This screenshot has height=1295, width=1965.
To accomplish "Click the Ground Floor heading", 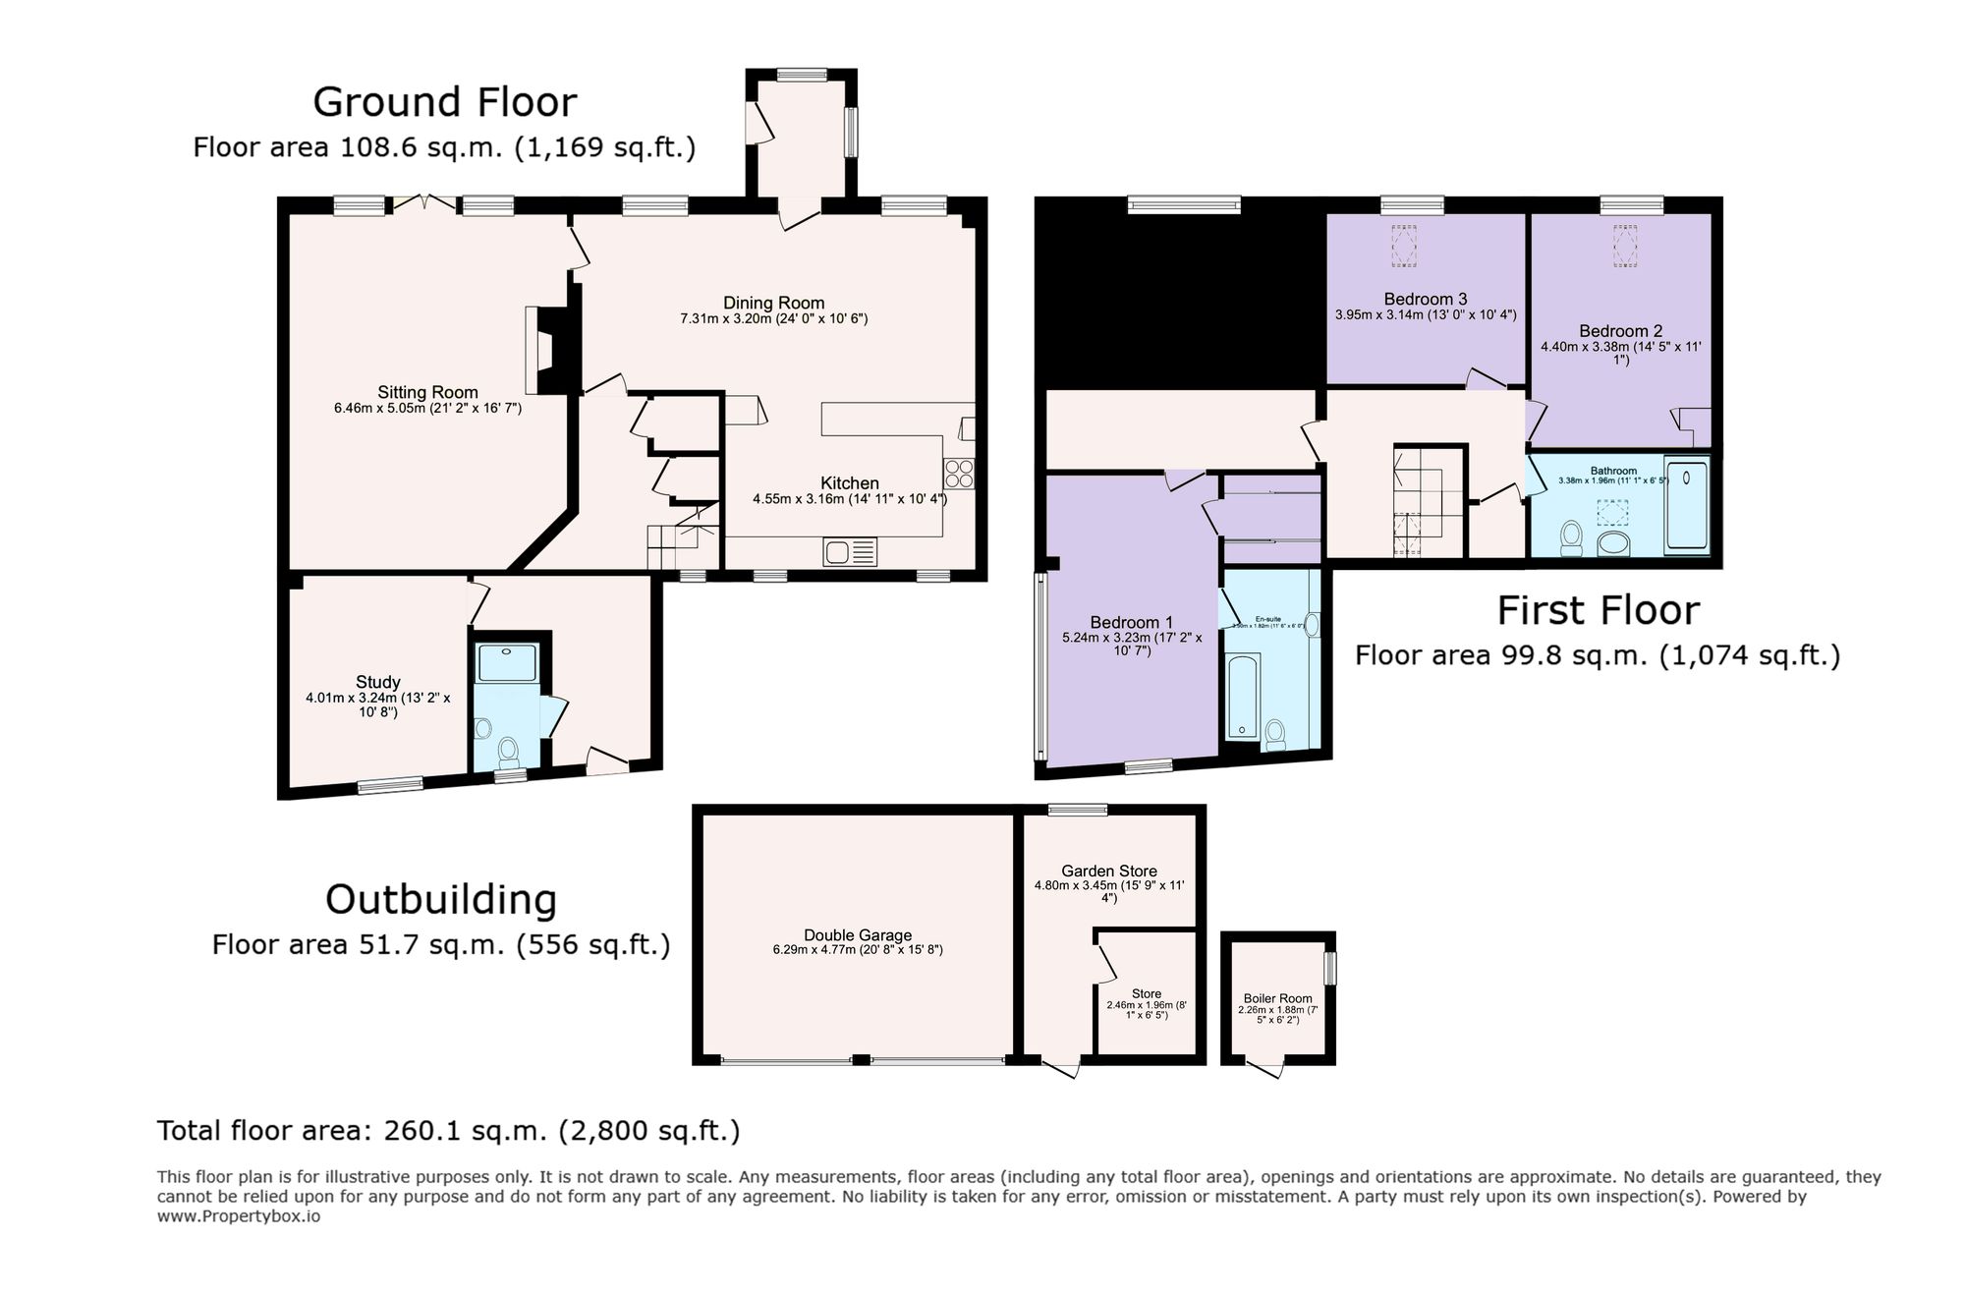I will (444, 102).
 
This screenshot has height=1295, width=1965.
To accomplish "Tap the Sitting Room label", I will (427, 392).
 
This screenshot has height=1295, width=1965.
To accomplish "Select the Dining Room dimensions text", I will (773, 319).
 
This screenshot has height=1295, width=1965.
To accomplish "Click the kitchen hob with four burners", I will (959, 475).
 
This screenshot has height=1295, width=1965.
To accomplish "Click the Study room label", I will (377, 682).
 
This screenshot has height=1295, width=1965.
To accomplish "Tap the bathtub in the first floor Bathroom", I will (1686, 504).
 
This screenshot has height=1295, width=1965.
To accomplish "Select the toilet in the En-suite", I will (1275, 733).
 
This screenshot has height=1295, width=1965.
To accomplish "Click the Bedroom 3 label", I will (1425, 299).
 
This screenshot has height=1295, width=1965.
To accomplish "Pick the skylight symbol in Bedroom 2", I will (1625, 246).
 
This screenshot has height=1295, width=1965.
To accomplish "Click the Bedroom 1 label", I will (1131, 622).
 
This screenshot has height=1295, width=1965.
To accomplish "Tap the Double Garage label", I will (857, 935).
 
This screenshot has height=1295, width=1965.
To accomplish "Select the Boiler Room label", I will (1277, 998).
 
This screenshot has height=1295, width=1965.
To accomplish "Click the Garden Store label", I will (1108, 871).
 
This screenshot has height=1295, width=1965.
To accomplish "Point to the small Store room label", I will (1146, 994).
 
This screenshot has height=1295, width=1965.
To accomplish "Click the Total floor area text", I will (448, 1131).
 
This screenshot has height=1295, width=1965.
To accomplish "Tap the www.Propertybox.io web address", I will (239, 1216).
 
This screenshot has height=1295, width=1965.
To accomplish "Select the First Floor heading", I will (1598, 611).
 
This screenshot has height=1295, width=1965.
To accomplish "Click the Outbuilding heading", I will (440, 900).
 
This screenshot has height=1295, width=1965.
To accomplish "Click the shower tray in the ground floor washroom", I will (506, 662).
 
